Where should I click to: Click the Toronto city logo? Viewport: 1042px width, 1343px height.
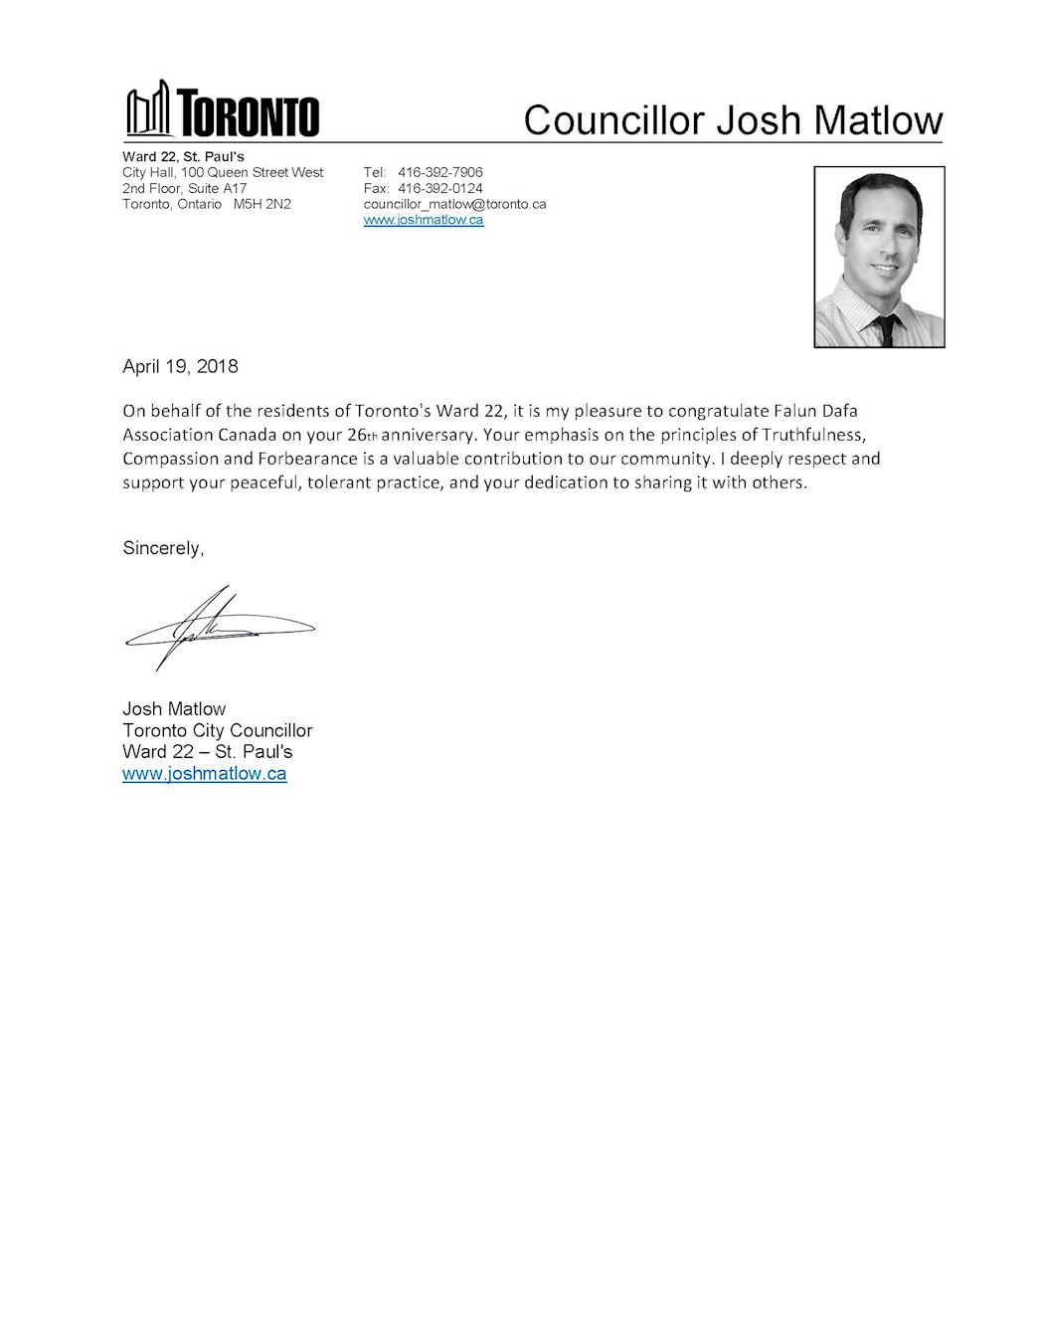click(x=222, y=109)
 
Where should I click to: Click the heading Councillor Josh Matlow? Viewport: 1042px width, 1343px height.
click(x=733, y=120)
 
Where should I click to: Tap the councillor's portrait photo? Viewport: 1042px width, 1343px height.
click(x=879, y=257)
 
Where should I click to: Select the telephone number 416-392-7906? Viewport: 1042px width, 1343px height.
click(x=439, y=172)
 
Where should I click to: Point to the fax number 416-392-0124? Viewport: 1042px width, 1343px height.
click(x=439, y=188)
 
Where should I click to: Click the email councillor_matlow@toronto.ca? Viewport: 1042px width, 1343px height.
click(x=454, y=204)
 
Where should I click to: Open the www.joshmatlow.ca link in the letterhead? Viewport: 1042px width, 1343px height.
click(x=424, y=220)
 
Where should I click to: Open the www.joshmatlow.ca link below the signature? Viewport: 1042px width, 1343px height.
click(x=204, y=773)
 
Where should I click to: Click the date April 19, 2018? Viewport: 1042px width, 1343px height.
click(x=180, y=366)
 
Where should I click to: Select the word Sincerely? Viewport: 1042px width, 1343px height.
click(x=162, y=548)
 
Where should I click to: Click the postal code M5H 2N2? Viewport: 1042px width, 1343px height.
click(x=262, y=204)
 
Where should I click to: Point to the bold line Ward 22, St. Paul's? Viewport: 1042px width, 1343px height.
click(x=183, y=156)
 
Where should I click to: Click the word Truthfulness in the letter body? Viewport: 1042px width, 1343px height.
click(x=814, y=435)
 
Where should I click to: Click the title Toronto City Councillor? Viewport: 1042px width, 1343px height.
click(x=217, y=730)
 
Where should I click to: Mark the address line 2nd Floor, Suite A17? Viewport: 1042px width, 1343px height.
click(x=184, y=188)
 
